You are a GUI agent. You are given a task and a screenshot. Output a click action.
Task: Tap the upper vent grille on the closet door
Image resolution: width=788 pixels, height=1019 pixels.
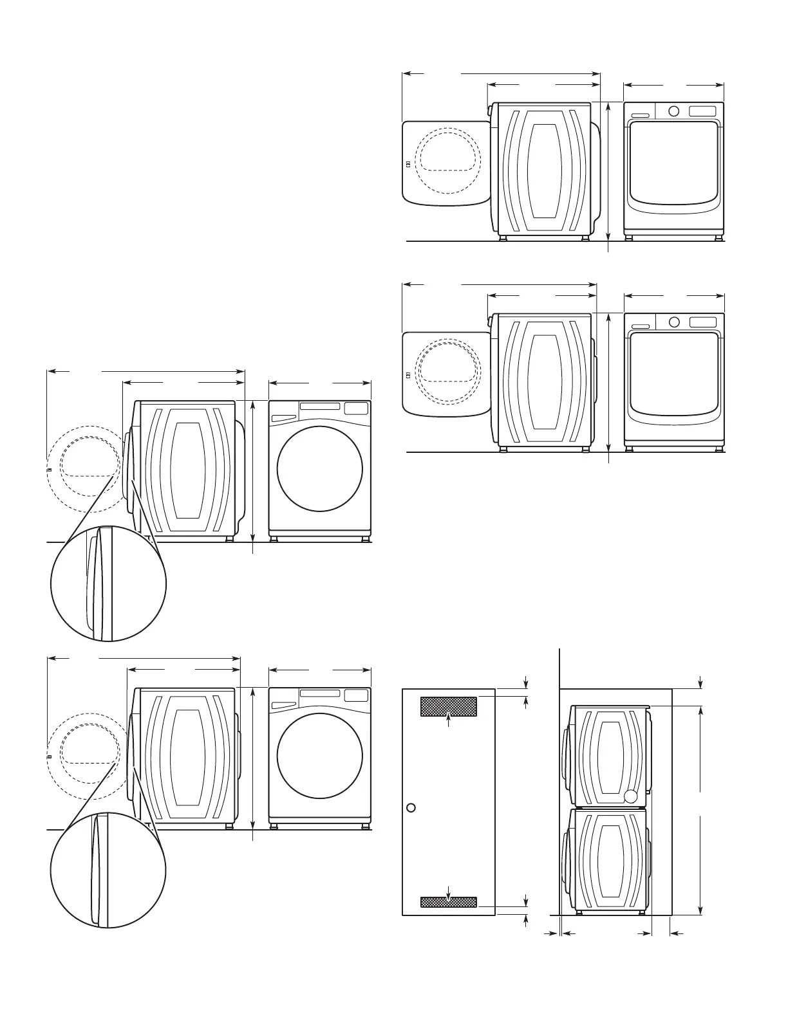(x=449, y=706)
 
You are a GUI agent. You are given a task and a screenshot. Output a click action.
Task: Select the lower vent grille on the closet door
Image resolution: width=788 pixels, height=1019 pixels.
(x=449, y=902)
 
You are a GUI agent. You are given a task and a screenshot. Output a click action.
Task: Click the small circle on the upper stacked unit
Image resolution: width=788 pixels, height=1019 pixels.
(x=631, y=796)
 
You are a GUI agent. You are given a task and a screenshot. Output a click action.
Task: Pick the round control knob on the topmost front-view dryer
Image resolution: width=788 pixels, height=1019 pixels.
(x=674, y=111)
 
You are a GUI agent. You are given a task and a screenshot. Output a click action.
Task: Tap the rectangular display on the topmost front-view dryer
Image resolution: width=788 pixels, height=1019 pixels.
(x=703, y=111)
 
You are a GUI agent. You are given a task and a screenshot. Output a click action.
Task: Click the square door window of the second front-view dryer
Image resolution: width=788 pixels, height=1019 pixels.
(x=674, y=373)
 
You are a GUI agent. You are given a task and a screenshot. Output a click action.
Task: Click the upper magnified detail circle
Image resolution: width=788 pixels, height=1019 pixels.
(x=108, y=583)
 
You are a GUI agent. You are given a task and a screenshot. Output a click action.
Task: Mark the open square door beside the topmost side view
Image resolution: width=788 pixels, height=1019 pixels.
(x=446, y=163)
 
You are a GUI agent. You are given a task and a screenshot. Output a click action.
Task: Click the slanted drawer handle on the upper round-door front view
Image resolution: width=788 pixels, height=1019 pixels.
(x=283, y=418)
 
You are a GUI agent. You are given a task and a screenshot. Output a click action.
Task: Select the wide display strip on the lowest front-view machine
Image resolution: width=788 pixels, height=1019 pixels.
(x=320, y=693)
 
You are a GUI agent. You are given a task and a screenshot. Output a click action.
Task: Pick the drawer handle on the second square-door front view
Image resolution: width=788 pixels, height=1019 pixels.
(x=640, y=326)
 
